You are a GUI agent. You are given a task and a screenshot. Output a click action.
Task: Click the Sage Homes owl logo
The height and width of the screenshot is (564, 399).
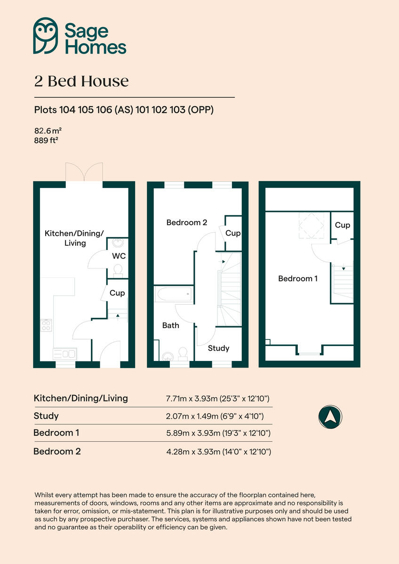pyautogui.click(x=46, y=36)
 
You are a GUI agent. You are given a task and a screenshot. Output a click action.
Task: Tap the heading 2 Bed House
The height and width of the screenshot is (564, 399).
pyautogui.click(x=81, y=81)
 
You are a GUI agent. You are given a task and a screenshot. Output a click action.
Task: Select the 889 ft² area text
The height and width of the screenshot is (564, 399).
pyautogui.click(x=46, y=140)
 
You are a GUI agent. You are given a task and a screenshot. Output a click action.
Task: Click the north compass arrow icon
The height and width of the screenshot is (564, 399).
pyautogui.click(x=330, y=416)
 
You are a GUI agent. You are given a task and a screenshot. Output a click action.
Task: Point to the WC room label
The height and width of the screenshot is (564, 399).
pyautogui.click(x=118, y=256)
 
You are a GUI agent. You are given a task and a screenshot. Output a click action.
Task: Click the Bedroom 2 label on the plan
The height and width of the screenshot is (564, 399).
pyautogui.click(x=186, y=222)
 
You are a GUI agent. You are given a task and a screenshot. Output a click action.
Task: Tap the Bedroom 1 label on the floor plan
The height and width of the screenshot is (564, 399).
pyautogui.click(x=297, y=278)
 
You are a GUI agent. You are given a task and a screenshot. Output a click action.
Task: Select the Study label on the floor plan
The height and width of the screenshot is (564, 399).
pyautogui.click(x=218, y=348)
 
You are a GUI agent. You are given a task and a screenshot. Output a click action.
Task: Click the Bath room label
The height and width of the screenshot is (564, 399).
pyautogui.click(x=170, y=325)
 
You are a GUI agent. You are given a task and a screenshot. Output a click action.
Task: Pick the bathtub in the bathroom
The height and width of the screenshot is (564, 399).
pyautogui.click(x=174, y=295)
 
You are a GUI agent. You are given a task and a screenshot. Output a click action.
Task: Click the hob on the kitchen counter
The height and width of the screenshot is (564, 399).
pyautogui.click(x=46, y=325)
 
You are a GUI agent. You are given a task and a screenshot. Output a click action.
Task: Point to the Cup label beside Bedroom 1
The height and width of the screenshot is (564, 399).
pyautogui.click(x=342, y=225)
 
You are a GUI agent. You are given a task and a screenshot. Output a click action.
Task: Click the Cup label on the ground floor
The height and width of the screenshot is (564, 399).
pyautogui.click(x=117, y=293)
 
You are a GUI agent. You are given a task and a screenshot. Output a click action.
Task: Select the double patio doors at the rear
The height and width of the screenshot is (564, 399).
pyautogui.click(x=84, y=173)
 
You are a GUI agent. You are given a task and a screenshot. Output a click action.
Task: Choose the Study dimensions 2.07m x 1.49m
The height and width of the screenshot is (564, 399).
pyautogui.click(x=214, y=416)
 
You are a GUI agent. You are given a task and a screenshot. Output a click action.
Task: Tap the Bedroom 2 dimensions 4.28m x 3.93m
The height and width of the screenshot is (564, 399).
pyautogui.click(x=218, y=452)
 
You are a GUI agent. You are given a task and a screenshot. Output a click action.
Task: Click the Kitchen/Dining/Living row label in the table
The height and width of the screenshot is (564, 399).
pyautogui.click(x=80, y=398)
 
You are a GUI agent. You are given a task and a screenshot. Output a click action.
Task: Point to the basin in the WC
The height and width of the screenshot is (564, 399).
pyautogui.click(x=117, y=243)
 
